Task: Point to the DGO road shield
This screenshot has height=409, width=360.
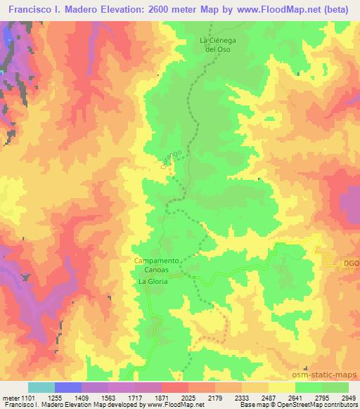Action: (351, 264)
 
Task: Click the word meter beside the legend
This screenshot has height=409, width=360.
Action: (13, 398)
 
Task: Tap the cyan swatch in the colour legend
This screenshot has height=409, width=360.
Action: (41, 387)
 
